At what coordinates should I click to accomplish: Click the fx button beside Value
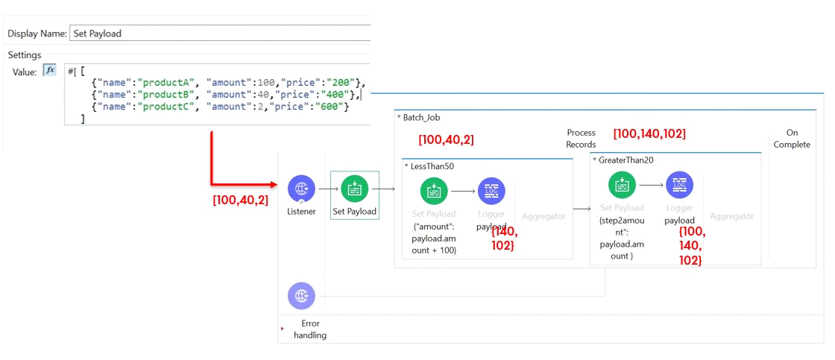coord(49,70)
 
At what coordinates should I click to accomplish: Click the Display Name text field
coord(219,33)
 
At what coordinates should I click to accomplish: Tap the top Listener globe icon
coord(301,189)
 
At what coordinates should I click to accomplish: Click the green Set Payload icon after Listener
coord(355,189)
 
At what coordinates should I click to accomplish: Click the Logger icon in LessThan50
coord(491,192)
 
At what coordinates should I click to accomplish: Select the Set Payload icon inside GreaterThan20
coord(623,186)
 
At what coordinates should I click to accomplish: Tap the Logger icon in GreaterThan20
coord(679,186)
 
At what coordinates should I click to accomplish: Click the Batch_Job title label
coord(422,118)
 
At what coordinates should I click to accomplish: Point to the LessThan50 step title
coord(432,166)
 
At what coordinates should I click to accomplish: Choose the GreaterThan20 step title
coord(626,160)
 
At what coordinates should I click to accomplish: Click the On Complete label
coord(792,139)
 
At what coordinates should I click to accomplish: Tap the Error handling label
coord(310,329)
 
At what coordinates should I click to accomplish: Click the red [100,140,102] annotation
coord(649,133)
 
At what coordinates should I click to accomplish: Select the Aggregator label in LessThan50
coord(543,216)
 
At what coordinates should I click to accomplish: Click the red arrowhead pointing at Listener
coord(274,185)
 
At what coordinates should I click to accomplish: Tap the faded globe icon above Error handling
coord(301,296)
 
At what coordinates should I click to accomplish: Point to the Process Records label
coord(581,139)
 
